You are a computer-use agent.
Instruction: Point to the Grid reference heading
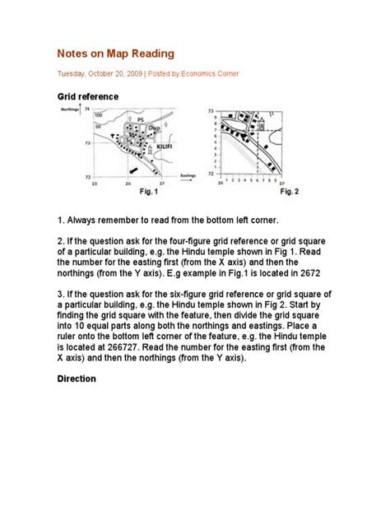click(x=87, y=96)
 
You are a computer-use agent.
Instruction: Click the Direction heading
click(x=77, y=379)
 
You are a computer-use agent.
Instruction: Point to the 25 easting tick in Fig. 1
click(x=94, y=183)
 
